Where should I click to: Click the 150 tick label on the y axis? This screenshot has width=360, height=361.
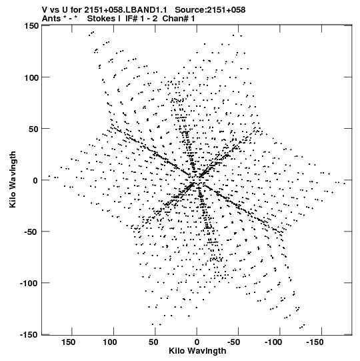tap(31, 26)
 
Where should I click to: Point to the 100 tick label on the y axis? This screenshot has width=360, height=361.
tap(31, 77)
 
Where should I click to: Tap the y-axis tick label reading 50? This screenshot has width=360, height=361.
tap(34, 129)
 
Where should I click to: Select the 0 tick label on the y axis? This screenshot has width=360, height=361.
tap(35, 180)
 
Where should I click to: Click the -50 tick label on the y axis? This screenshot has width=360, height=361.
tap(31, 232)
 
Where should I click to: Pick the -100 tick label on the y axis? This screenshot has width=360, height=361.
tap(29, 284)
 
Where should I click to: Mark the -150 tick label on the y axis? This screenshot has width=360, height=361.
tap(29, 334)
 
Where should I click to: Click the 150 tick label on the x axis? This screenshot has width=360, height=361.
tap(68, 342)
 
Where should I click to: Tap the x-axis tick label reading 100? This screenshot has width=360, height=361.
tap(110, 342)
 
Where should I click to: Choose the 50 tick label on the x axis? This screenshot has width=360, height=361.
tap(153, 342)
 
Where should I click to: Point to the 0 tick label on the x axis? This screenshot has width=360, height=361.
tap(197, 342)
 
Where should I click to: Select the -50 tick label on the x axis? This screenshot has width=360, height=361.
tap(233, 342)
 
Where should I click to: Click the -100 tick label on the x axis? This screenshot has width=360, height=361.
tap(273, 342)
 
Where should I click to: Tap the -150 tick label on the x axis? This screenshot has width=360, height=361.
tap(315, 342)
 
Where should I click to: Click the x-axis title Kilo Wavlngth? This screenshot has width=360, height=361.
tap(197, 351)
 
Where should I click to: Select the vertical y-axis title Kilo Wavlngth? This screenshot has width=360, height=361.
tap(13, 179)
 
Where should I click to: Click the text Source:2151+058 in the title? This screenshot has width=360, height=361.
tap(210, 10)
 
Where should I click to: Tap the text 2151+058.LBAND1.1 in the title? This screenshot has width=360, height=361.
tap(125, 10)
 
